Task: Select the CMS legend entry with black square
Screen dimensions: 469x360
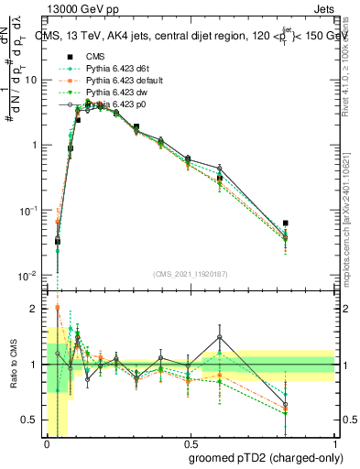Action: (94, 56)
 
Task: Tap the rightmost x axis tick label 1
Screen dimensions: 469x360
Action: (334, 444)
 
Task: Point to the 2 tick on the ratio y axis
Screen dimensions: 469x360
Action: (35, 309)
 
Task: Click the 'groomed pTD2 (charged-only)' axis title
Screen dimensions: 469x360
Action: (267, 457)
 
